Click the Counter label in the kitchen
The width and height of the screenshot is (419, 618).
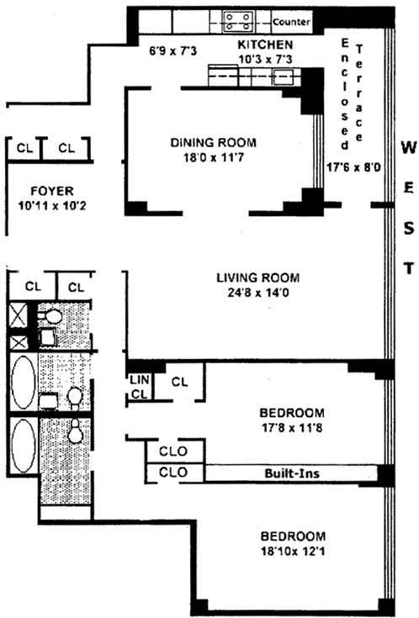pos(292,22)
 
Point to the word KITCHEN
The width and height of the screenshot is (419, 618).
pos(265,45)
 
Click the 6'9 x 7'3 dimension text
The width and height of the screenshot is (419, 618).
pos(172,50)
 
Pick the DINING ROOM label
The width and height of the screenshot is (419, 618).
pos(213,142)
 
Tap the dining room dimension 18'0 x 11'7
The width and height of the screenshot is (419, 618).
pos(213,158)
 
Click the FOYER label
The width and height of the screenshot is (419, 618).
pos(52,191)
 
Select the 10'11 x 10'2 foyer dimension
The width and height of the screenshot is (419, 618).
pos(52,206)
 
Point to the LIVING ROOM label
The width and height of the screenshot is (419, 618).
pos(258,277)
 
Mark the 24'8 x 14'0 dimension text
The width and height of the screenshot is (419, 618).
pos(258,293)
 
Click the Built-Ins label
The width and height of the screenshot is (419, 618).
pos(292,473)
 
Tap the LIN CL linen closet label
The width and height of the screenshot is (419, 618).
pos(140,387)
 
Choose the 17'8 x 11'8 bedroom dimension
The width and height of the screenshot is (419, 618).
pos(292,428)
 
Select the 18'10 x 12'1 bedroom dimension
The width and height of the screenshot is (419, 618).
pos(292,551)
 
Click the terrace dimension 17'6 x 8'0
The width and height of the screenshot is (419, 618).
pos(353,167)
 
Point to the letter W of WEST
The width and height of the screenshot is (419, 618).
pos(409,148)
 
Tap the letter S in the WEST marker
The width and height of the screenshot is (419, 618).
pos(409,229)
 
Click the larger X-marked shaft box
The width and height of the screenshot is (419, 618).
pos(18,314)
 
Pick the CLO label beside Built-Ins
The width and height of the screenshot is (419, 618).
pos(173,473)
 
